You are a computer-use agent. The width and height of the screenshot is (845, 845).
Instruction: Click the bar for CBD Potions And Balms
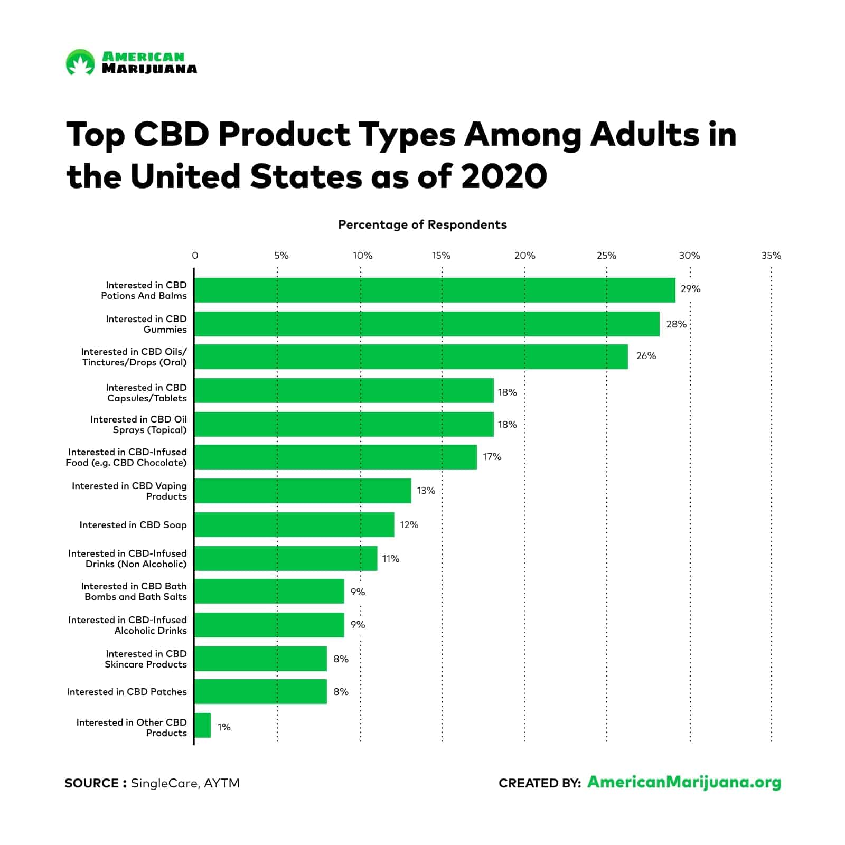point(434,290)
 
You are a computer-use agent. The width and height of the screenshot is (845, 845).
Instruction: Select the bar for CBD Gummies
point(427,324)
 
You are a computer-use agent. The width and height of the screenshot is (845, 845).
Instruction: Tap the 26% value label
point(646,356)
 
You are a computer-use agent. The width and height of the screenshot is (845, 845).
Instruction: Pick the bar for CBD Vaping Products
point(303,491)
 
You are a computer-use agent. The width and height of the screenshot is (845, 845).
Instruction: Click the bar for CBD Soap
point(294,524)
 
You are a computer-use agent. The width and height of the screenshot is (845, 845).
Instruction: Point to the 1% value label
point(224,727)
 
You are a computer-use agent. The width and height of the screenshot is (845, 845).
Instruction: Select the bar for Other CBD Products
point(202,726)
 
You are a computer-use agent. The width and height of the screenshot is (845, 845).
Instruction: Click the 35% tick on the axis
point(771,256)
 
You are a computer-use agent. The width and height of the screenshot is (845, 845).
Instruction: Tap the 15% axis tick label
point(441,256)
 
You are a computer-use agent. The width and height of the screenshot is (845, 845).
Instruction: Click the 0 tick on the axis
point(195,256)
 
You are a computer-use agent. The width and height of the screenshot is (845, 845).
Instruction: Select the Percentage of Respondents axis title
point(422,224)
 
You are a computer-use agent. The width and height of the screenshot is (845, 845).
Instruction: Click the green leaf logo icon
point(80,62)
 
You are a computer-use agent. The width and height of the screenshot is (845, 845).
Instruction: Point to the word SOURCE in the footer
point(91,783)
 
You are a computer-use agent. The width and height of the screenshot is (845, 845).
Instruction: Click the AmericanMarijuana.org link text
point(684,782)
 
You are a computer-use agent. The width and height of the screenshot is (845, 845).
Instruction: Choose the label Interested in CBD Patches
point(127,692)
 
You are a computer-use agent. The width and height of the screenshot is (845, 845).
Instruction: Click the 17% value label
point(492,457)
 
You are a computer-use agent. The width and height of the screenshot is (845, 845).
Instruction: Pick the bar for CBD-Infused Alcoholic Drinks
point(269,625)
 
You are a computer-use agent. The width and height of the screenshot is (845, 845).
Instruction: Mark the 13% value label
point(426,491)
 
